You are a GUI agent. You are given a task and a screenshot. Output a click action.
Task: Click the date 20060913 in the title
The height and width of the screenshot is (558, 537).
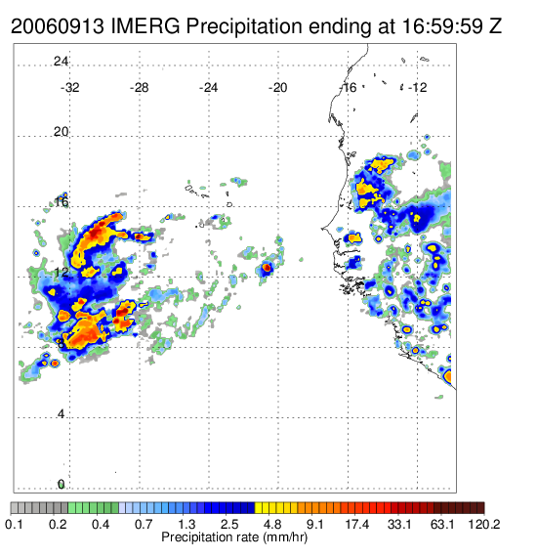pos(58,26)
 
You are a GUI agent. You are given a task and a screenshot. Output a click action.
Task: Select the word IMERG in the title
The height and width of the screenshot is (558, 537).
pos(145,26)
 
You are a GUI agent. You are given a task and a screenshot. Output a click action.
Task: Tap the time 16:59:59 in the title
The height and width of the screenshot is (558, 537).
pos(442,26)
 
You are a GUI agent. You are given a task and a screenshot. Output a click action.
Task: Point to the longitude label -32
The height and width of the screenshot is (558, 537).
pos(70,88)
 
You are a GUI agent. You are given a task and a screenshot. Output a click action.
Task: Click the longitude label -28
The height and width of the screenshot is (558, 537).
pos(139,88)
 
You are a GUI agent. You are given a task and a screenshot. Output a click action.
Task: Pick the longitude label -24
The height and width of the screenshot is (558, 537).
pos(208,88)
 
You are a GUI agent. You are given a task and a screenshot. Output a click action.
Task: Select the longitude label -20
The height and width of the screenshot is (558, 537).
pos(277,88)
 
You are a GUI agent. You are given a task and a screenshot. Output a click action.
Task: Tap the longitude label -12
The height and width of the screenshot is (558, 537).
pos(417,88)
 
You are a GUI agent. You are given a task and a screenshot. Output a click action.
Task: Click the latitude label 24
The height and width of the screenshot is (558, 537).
pos(62,62)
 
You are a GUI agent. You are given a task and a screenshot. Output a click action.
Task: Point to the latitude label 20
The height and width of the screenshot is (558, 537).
pos(62,132)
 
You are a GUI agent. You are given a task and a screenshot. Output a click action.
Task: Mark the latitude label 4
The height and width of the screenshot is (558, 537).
pos(62,414)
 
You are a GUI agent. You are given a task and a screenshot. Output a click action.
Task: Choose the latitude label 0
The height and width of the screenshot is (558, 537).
pos(62,485)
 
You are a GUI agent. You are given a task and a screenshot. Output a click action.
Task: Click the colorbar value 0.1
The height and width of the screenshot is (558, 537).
pos(15,524)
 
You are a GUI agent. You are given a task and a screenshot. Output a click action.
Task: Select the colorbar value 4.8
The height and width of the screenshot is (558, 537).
pos(272,524)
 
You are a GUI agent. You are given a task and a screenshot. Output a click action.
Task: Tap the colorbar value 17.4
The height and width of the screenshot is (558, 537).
pos(357,524)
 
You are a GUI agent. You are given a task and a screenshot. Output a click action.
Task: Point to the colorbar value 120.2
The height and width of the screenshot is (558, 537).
pos(484,524)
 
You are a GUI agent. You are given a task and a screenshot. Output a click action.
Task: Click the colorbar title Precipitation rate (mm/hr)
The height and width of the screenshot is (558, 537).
pos(234,537)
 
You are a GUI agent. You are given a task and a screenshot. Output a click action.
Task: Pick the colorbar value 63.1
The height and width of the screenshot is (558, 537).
pos(442,524)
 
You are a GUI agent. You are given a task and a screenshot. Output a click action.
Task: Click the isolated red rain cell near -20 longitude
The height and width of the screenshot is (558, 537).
pos(267,267)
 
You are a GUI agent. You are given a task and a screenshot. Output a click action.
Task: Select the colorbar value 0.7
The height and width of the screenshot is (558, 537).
pos(144,524)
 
